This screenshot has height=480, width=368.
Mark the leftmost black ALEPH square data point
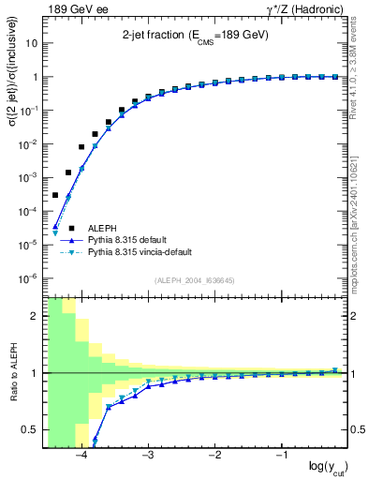coord(55,195)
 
